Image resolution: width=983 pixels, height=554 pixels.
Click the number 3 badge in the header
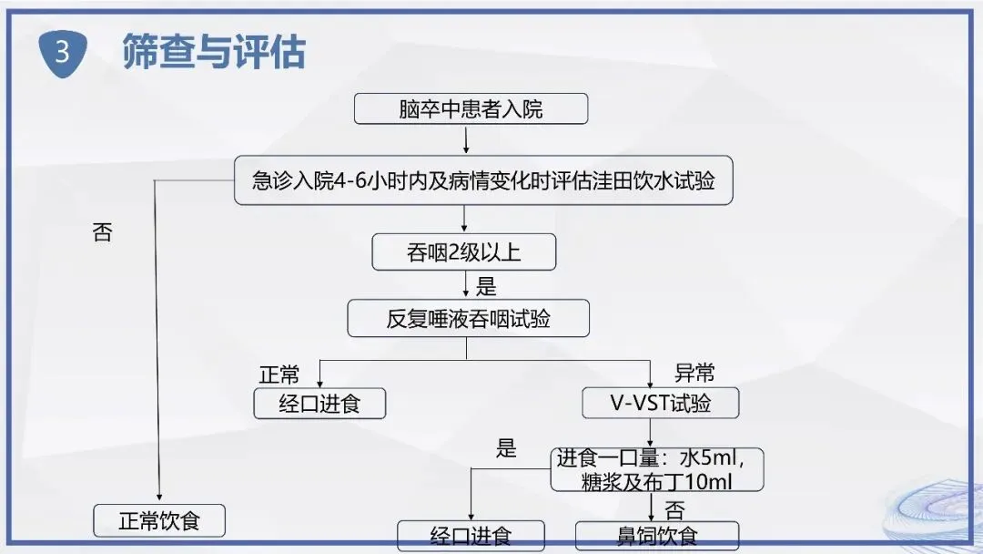62,53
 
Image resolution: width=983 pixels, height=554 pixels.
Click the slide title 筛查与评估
214,53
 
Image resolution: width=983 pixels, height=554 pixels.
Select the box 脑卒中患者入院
471,109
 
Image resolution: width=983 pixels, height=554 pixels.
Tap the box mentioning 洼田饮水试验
483,180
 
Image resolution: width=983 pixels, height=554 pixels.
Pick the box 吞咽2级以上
463,252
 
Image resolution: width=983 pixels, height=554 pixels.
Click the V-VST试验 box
660,404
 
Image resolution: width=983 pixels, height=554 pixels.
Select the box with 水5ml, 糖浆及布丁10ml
655,469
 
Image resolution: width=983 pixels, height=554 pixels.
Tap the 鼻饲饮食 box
657,536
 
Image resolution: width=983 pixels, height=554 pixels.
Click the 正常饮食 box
159,521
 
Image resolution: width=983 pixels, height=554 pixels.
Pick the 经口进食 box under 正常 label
319,404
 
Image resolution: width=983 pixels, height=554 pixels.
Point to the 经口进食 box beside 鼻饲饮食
471,536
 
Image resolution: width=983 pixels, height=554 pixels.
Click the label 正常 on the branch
279,374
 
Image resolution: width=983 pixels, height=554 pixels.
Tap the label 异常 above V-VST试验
694,373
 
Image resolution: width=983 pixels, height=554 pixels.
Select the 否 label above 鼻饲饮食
674,508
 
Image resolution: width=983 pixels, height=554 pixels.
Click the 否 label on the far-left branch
103,232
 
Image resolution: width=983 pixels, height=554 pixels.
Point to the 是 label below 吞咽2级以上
487,288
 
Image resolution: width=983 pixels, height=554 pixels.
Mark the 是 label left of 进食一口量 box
506,448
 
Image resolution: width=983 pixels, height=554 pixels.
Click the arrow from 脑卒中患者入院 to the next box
466,138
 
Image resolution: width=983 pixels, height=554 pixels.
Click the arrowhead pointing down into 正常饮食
159,496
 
